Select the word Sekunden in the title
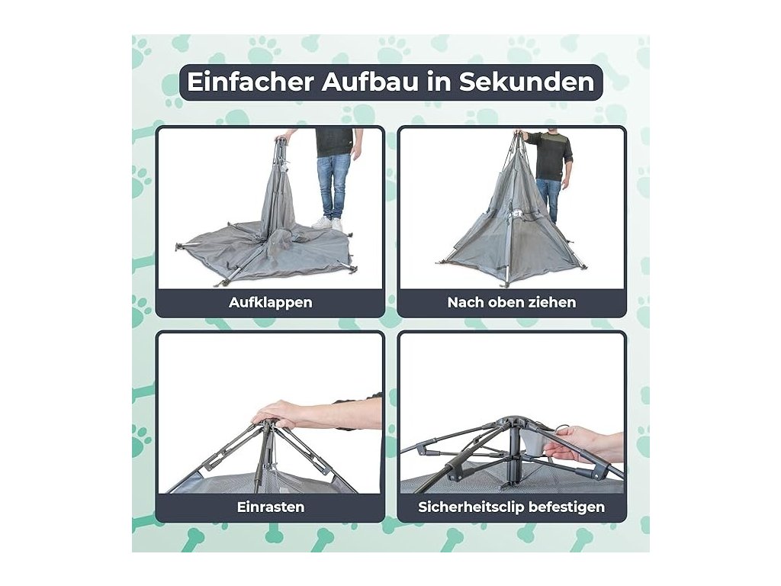click(526, 82)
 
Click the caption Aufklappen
click(271, 302)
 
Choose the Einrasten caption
click(271, 507)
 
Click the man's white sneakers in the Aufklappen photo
click(329, 224)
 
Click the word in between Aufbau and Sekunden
click(439, 82)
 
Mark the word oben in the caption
click(506, 302)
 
